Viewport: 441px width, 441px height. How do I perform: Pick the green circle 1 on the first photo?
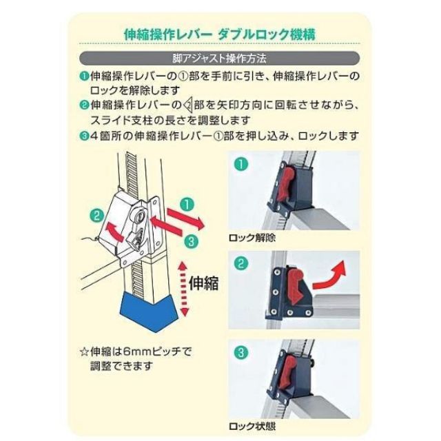[x=240, y=165]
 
